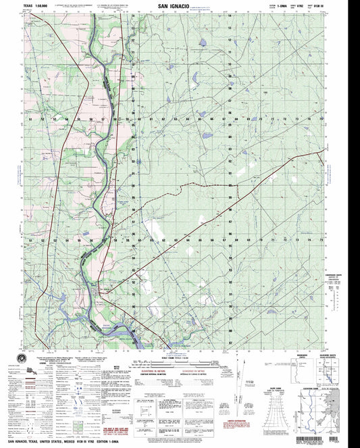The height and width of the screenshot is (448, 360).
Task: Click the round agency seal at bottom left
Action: point(19,357)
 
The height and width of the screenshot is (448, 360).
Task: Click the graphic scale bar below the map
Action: point(179,352)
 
